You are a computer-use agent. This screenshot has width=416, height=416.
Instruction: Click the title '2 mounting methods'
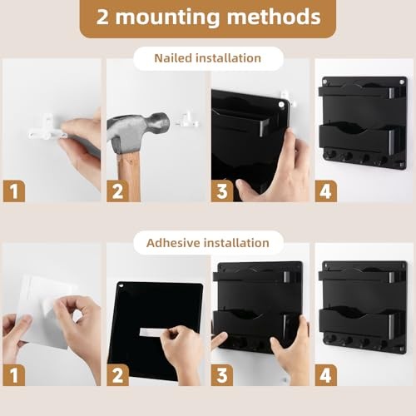pyautogui.click(x=208, y=17)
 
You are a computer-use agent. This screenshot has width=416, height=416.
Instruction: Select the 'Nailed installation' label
pyautogui.click(x=207, y=58)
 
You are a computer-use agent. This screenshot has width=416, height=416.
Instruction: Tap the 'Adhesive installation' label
pyautogui.click(x=207, y=243)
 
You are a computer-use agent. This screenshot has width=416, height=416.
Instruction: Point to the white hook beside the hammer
pyautogui.click(x=187, y=121)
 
